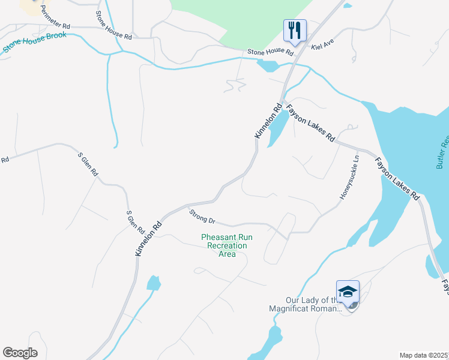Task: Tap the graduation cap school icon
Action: [348, 292]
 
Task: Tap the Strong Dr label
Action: [202, 217]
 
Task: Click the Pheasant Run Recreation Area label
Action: [226, 245]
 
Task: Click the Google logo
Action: [20, 353]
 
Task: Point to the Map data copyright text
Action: [424, 355]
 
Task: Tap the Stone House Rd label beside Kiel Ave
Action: [271, 53]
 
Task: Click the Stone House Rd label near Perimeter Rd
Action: [113, 25]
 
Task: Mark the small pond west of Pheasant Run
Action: [154, 283]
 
